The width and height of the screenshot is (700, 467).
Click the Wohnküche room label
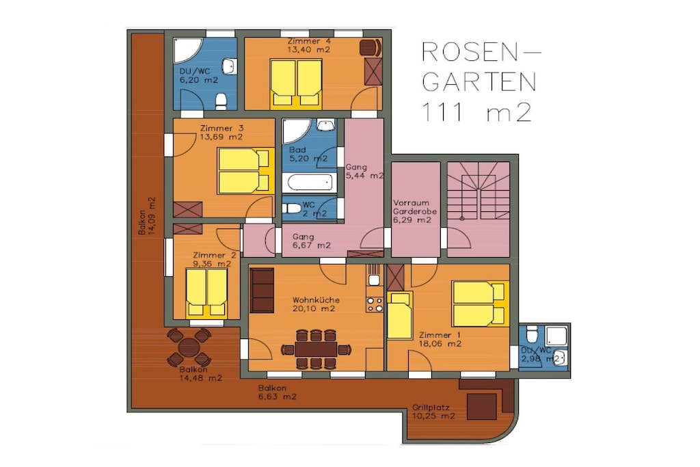pos(316,300)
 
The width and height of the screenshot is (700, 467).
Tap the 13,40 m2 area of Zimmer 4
pos(308,49)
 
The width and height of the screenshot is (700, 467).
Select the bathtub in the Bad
pos(310,183)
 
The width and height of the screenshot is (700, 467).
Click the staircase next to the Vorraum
pos(478,191)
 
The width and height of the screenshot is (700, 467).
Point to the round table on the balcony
pos(189,347)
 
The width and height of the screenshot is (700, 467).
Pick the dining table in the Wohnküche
pos(316,349)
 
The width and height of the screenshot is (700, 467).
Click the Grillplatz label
pos(431,408)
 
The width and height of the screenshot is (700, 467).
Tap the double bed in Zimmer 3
pos(245,171)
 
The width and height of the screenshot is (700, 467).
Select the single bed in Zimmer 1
pos(399,315)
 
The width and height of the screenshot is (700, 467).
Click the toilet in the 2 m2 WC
pos(293,208)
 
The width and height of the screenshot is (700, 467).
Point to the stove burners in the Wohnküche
pos(374,304)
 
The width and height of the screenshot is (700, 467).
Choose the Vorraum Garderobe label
pos(415,207)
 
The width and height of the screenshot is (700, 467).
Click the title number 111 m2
pos(477,113)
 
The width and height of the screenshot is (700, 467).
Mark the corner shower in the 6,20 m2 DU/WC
pos(187,50)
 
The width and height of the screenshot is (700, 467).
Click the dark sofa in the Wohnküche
pos(262,290)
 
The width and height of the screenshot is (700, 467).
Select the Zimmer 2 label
pos(215,255)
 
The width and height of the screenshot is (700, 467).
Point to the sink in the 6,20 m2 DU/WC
pos(230,66)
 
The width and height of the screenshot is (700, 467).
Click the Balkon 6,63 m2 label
pos(278,392)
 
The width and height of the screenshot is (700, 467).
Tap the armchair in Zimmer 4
pos(371,48)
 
